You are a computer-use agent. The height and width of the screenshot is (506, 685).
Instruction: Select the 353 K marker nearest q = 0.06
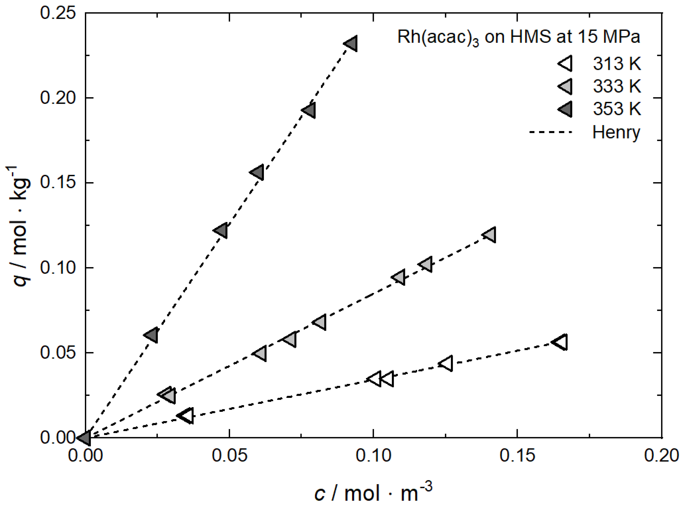tap(152, 335)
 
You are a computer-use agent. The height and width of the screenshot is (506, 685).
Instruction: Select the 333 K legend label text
tap(617, 86)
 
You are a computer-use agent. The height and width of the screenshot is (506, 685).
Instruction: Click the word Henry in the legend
tap(616, 132)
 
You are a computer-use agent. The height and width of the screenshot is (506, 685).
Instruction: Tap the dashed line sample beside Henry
tap(550, 132)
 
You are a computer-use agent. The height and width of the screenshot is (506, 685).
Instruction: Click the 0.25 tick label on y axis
tap(58, 13)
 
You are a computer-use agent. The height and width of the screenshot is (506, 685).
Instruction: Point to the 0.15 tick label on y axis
tap(58, 183)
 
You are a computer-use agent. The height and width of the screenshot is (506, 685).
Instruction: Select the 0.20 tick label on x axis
tap(661, 455)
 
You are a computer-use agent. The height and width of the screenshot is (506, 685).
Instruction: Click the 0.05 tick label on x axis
tap(230, 455)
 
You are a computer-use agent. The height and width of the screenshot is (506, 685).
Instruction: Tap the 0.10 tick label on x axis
tap(373, 455)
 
